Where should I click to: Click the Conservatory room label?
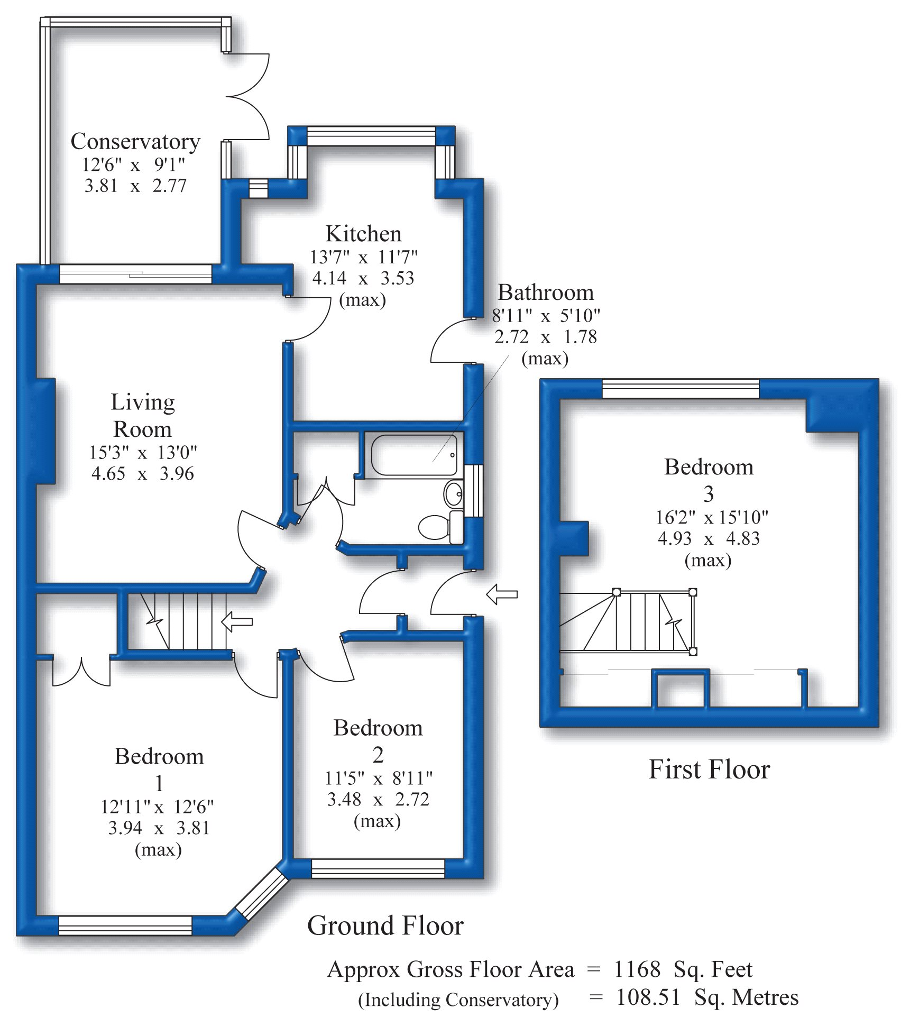point(135,142)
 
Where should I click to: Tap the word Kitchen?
point(363,234)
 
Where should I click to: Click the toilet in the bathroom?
point(441,527)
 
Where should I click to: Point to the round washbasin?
point(454,494)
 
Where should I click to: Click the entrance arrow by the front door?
point(502,594)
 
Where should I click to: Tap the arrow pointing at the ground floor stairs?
point(236,621)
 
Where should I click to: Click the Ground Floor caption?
point(385,926)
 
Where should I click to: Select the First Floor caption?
point(709,769)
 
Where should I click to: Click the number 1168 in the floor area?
point(637,969)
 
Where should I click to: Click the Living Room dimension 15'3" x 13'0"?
point(143,453)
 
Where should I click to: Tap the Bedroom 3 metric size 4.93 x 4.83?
point(709,538)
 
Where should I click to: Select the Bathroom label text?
point(546,292)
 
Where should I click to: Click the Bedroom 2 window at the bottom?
point(378,869)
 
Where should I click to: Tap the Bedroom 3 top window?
point(681,389)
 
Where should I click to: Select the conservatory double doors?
point(249,97)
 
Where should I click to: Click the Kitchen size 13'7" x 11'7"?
point(363,258)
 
